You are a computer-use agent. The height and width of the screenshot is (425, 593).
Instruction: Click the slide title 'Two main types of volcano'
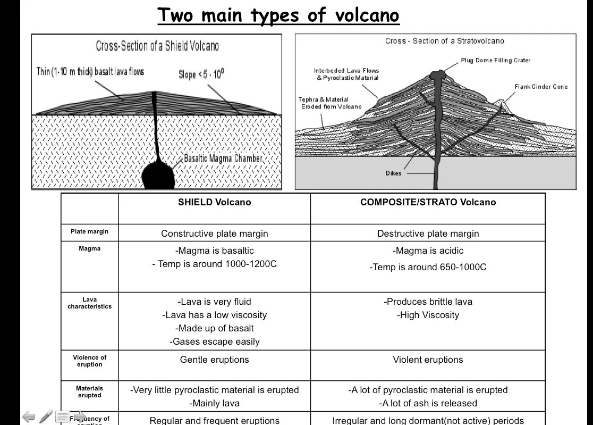tap(278, 15)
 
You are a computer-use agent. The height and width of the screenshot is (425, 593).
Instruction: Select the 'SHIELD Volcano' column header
tap(214, 202)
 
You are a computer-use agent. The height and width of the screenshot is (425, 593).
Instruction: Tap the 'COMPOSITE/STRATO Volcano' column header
tap(428, 202)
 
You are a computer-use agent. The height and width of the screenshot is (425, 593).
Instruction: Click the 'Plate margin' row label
tap(89, 231)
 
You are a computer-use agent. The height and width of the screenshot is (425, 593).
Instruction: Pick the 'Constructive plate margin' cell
tap(214, 234)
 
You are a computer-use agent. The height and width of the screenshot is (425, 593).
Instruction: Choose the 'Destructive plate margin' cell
tap(428, 234)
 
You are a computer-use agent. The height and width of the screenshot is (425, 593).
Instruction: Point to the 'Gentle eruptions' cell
tap(214, 360)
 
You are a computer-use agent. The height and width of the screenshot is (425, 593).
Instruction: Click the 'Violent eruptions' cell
tap(428, 360)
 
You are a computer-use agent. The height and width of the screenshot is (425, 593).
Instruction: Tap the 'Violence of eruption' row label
tap(89, 361)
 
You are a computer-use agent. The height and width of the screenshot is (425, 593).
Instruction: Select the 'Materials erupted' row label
tap(89, 391)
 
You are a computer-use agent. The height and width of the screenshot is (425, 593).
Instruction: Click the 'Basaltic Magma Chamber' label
tap(223, 159)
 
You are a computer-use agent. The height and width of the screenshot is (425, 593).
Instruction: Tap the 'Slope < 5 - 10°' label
tap(201, 74)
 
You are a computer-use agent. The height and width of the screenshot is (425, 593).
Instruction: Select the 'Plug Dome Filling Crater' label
tap(495, 61)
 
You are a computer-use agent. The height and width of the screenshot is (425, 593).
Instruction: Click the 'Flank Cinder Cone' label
tap(540, 87)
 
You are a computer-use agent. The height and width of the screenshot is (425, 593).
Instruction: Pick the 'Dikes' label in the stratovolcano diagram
tap(393, 173)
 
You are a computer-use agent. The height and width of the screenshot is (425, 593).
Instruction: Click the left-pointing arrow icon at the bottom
tap(28, 416)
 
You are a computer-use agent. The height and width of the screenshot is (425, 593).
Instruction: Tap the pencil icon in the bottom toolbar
tap(46, 416)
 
